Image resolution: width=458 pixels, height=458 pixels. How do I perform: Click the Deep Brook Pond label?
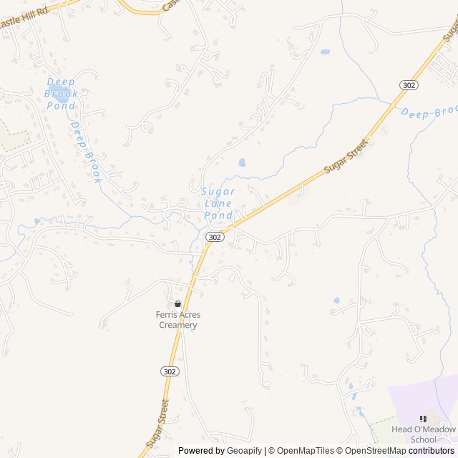tap(61, 94)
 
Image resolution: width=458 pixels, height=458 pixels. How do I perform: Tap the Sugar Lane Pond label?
tap(218, 203)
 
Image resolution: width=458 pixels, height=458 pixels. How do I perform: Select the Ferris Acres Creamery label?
tap(177, 320)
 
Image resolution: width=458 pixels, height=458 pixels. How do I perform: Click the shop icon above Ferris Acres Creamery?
tap(177, 304)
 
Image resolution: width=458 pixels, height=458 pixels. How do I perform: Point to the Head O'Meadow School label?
tap(424, 434)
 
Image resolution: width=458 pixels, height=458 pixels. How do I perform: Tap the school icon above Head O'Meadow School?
tap(423, 419)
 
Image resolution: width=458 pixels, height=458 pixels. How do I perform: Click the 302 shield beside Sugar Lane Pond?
tap(215, 236)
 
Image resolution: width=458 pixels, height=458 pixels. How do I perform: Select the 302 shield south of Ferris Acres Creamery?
tap(169, 372)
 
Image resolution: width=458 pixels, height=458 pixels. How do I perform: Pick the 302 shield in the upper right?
tap(409, 84)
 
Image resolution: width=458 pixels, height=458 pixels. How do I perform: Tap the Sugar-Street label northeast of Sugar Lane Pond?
tap(346, 156)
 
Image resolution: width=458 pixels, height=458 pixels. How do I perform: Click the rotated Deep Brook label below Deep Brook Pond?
tap(87, 152)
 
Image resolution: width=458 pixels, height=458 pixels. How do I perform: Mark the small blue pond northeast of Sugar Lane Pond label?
tap(241, 162)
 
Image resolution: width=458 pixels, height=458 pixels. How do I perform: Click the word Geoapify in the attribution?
tap(245, 451)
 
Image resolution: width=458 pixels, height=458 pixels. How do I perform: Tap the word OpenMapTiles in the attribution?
tap(305, 451)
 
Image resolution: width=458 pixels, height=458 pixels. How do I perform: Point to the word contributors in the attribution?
tap(432, 451)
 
